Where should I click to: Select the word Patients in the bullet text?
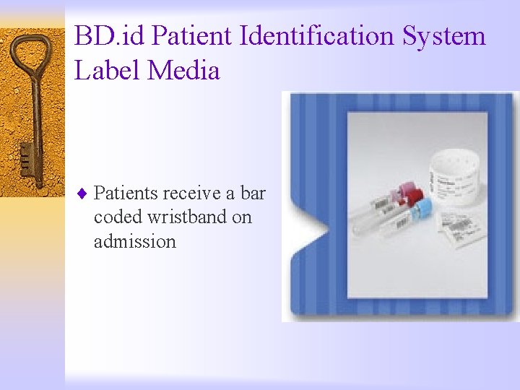(x=126, y=194)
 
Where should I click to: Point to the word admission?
(x=134, y=241)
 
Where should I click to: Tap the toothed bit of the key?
(x=26, y=160)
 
